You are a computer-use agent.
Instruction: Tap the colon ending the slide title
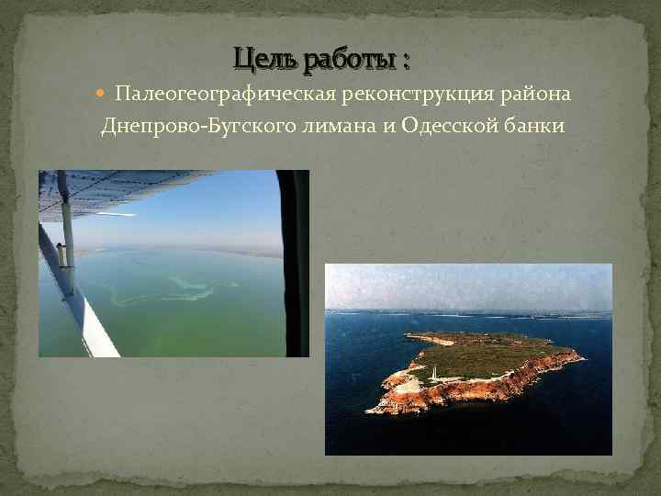[x=405, y=62]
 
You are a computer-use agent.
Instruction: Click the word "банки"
[x=533, y=125]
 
